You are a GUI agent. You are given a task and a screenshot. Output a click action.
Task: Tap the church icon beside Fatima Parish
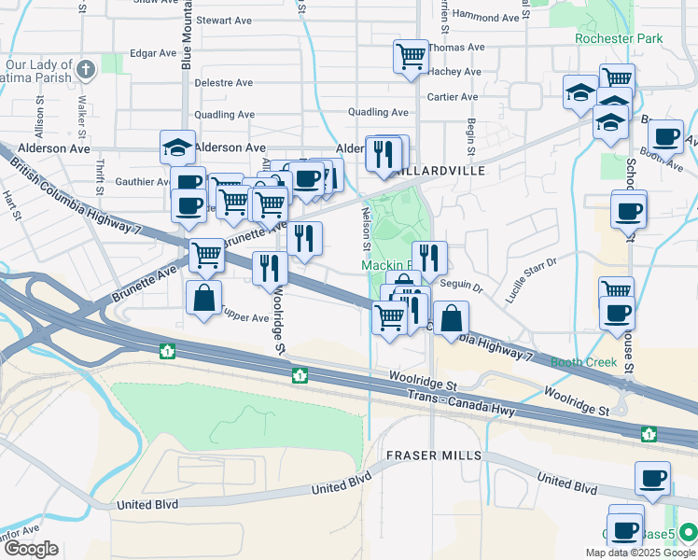[86, 69]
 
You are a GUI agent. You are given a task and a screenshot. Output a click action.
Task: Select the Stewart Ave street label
[225, 20]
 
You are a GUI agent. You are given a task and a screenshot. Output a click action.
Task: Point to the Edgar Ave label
[153, 53]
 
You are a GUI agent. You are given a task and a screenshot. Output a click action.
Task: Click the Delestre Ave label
[225, 83]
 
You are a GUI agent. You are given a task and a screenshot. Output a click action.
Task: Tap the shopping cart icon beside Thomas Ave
[411, 56]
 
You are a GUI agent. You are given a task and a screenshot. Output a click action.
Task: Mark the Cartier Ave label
[454, 97]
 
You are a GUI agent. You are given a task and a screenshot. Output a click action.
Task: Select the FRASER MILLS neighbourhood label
[434, 455]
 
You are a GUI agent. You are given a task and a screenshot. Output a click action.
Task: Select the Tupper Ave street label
[245, 318]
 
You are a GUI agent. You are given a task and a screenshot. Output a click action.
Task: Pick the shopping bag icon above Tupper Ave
[203, 300]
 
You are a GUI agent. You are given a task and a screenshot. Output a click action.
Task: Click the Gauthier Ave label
[143, 182]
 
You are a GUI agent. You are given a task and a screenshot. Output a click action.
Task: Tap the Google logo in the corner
[31, 549]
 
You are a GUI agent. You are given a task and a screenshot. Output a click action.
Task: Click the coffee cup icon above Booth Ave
[665, 136]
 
